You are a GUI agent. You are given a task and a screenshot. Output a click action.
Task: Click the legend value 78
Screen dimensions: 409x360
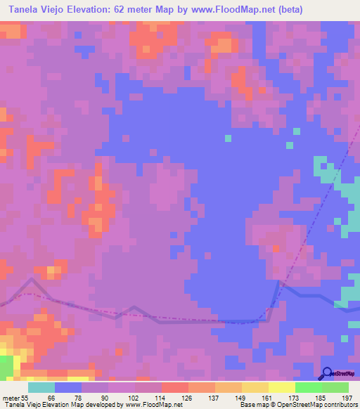click(82, 396)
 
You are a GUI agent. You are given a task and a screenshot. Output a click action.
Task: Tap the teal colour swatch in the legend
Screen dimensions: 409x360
click(41, 387)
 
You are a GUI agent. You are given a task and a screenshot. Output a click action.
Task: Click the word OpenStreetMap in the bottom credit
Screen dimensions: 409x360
click(296, 405)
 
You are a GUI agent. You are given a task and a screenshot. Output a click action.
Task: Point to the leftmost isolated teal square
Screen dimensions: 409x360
click(227, 137)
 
